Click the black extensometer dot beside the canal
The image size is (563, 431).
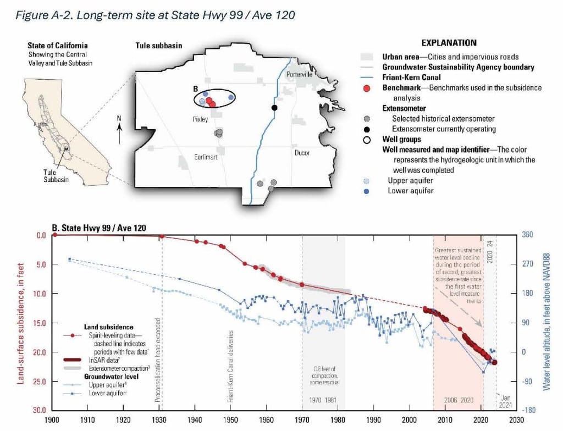coord(274,107)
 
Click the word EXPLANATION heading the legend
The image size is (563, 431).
coord(449,42)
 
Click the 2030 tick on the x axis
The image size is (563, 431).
coord(515,420)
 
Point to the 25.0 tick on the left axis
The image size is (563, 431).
coord(39,382)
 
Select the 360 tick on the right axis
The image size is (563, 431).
coord(527,235)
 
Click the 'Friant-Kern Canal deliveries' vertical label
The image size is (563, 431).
coord(231,367)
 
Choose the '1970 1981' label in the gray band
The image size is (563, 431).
coord(323,400)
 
